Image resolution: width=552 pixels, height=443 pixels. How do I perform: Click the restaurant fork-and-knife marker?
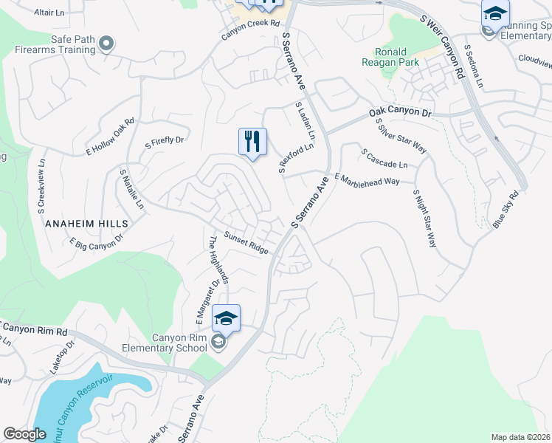pyautogui.click(x=252, y=140)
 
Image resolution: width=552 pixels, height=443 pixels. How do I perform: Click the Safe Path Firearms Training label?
pyautogui.click(x=53, y=44)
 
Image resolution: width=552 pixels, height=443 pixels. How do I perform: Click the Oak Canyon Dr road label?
pyautogui.click(x=399, y=113)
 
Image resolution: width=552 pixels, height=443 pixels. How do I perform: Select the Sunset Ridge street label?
pyautogui.click(x=246, y=243)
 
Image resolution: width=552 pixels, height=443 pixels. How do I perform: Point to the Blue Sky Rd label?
pyautogui.click(x=506, y=209)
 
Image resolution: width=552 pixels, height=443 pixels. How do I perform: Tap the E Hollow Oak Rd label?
pyautogui.click(x=110, y=136)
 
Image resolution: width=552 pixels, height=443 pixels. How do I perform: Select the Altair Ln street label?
pyautogui.click(x=50, y=13)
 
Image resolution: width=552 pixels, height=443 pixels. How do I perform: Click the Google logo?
pyautogui.click(x=25, y=434)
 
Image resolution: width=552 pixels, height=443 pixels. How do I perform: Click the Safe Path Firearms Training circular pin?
pyautogui.click(x=107, y=44)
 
